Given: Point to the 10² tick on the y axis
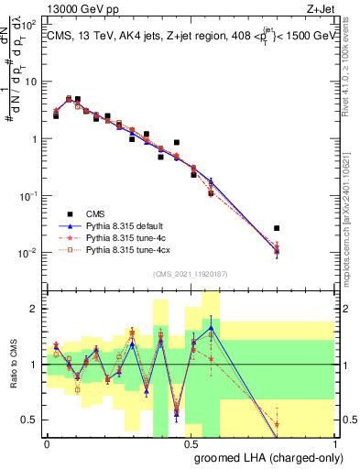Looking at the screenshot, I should click(30, 26).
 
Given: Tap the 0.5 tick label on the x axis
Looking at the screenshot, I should click(191, 443).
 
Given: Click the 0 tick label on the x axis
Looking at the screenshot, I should click(47, 443).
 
